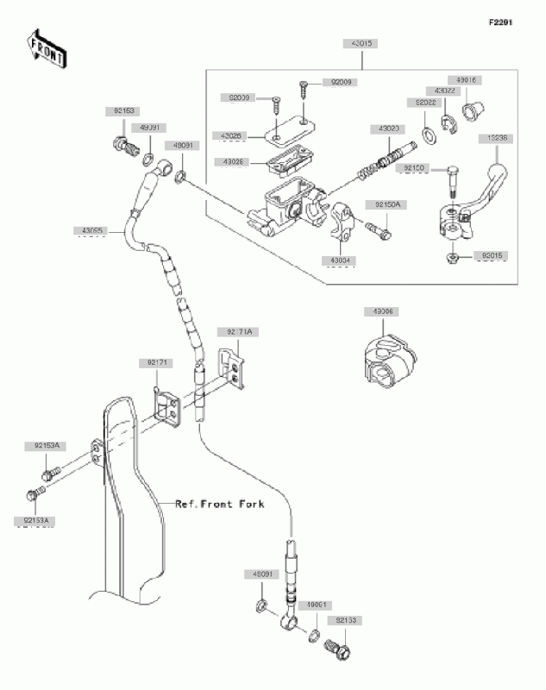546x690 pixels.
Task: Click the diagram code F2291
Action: [x=501, y=22]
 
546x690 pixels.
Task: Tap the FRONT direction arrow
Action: [x=47, y=49]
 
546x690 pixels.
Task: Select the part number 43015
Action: [x=362, y=42]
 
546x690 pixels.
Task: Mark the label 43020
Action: [x=386, y=128]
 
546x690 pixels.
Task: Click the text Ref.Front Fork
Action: [x=219, y=503]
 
